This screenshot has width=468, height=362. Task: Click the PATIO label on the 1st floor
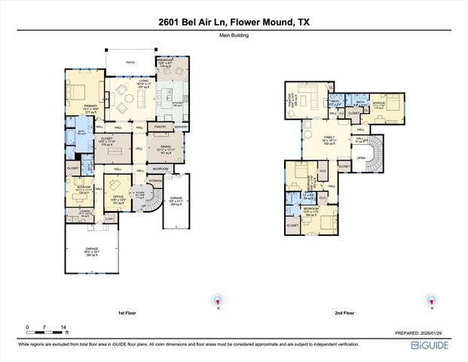tap(130, 63)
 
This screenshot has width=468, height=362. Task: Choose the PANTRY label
tap(160, 127)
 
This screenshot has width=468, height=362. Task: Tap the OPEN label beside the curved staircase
tap(361, 158)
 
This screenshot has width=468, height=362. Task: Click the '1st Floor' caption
tap(127, 312)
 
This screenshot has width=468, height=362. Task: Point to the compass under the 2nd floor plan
tap(432, 299)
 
